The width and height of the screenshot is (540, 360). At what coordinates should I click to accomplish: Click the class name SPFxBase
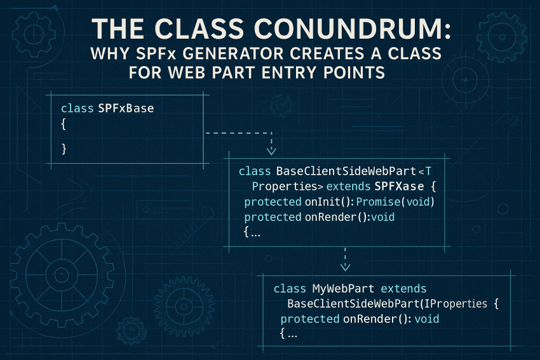(126, 109)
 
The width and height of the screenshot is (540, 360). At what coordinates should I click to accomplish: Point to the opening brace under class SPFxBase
(64, 125)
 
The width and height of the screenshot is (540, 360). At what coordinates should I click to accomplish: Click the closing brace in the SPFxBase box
(64, 149)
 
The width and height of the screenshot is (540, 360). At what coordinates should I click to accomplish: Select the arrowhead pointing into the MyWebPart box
(344, 267)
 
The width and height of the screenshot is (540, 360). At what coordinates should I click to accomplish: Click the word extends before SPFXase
(347, 187)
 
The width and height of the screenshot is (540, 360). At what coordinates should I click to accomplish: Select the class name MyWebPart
(334, 288)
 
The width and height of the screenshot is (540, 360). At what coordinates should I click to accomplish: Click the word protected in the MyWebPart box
(310, 319)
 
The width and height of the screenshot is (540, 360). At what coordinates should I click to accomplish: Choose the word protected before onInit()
(272, 202)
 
